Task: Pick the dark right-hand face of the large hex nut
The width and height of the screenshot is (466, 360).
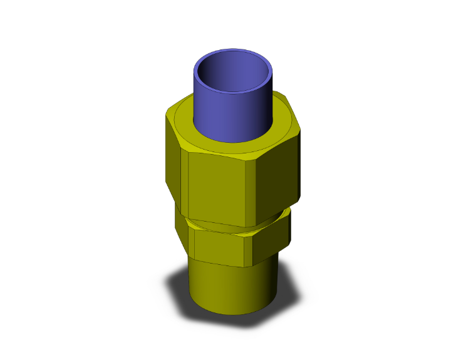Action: point(279,175)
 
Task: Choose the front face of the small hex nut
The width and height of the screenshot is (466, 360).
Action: point(222,247)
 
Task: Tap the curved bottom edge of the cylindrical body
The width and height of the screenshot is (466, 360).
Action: point(232,313)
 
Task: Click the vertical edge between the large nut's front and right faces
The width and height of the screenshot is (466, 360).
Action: point(256,188)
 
